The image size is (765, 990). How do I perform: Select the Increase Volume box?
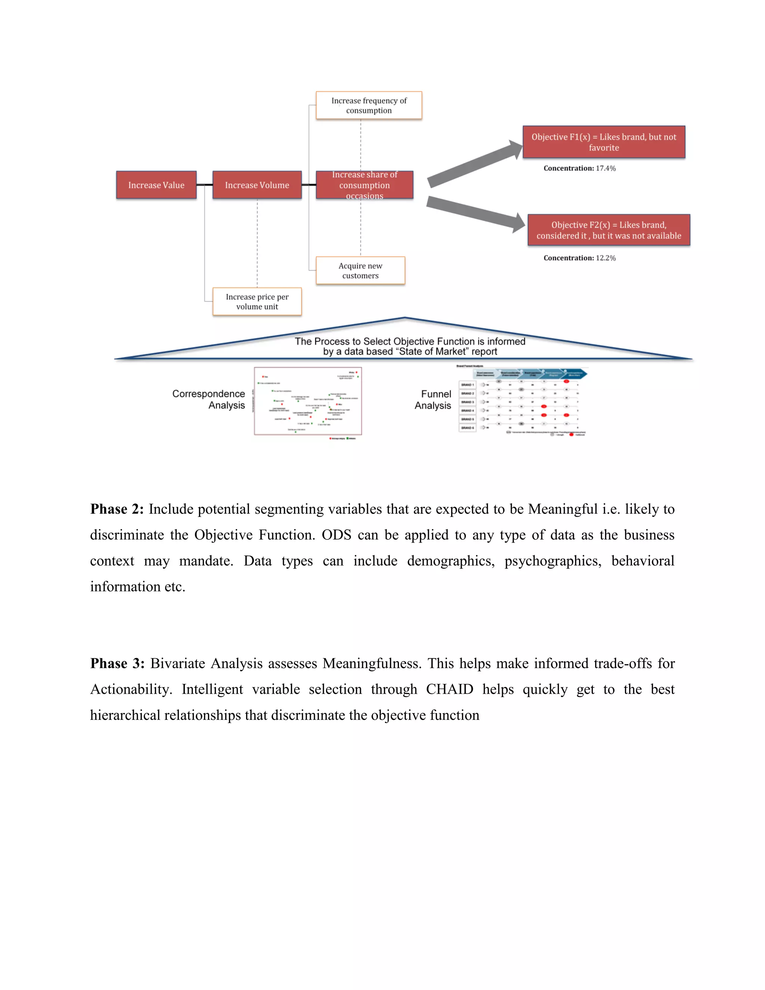pos(257,185)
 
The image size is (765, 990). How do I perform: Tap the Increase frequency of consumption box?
pos(369,106)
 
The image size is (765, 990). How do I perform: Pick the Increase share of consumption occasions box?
pos(364,185)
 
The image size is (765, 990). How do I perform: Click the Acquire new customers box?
pos(360,270)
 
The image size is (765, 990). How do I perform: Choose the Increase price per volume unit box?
pos(257,301)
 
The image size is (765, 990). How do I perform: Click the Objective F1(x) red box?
pos(604,142)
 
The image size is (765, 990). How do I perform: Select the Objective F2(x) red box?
pos(608,230)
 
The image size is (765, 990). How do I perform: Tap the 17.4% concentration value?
pos(606,168)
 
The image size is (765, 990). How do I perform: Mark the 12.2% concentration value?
pos(606,258)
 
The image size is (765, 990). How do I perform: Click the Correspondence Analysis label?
pos(208,399)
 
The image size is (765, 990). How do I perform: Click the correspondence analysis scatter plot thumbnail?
pos(308,401)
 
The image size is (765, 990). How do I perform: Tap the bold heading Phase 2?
pos(117,509)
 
